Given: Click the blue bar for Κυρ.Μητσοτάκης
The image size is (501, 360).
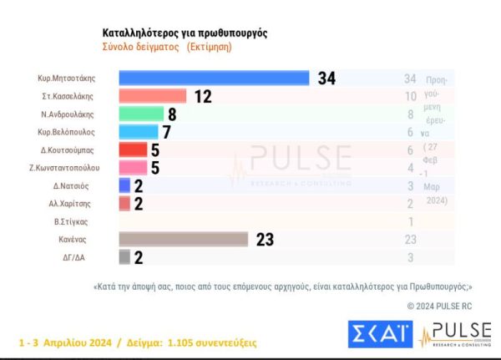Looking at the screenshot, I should coord(215,78).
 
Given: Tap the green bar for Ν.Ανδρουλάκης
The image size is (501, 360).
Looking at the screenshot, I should coord(141,114).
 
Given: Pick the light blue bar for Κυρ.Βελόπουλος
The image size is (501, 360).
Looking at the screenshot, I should coord(139,131).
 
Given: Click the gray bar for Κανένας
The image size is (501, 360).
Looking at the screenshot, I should coord(184,239).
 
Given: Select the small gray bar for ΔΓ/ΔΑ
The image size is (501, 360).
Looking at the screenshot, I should coord(124,256).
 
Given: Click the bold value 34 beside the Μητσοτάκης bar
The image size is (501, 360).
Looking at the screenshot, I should coord(326,79).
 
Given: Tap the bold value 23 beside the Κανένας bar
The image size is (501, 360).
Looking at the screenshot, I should coord(266,240).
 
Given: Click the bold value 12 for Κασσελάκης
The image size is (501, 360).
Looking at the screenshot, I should coord(203,96).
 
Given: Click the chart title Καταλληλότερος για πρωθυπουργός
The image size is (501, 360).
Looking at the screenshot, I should coord(185,33).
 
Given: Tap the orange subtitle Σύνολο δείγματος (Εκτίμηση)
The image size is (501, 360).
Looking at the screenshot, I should coord(167,48).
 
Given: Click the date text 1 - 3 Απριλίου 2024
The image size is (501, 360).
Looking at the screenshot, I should coord(66,342).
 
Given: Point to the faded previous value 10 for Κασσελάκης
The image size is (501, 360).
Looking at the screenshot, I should coord(409,96).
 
